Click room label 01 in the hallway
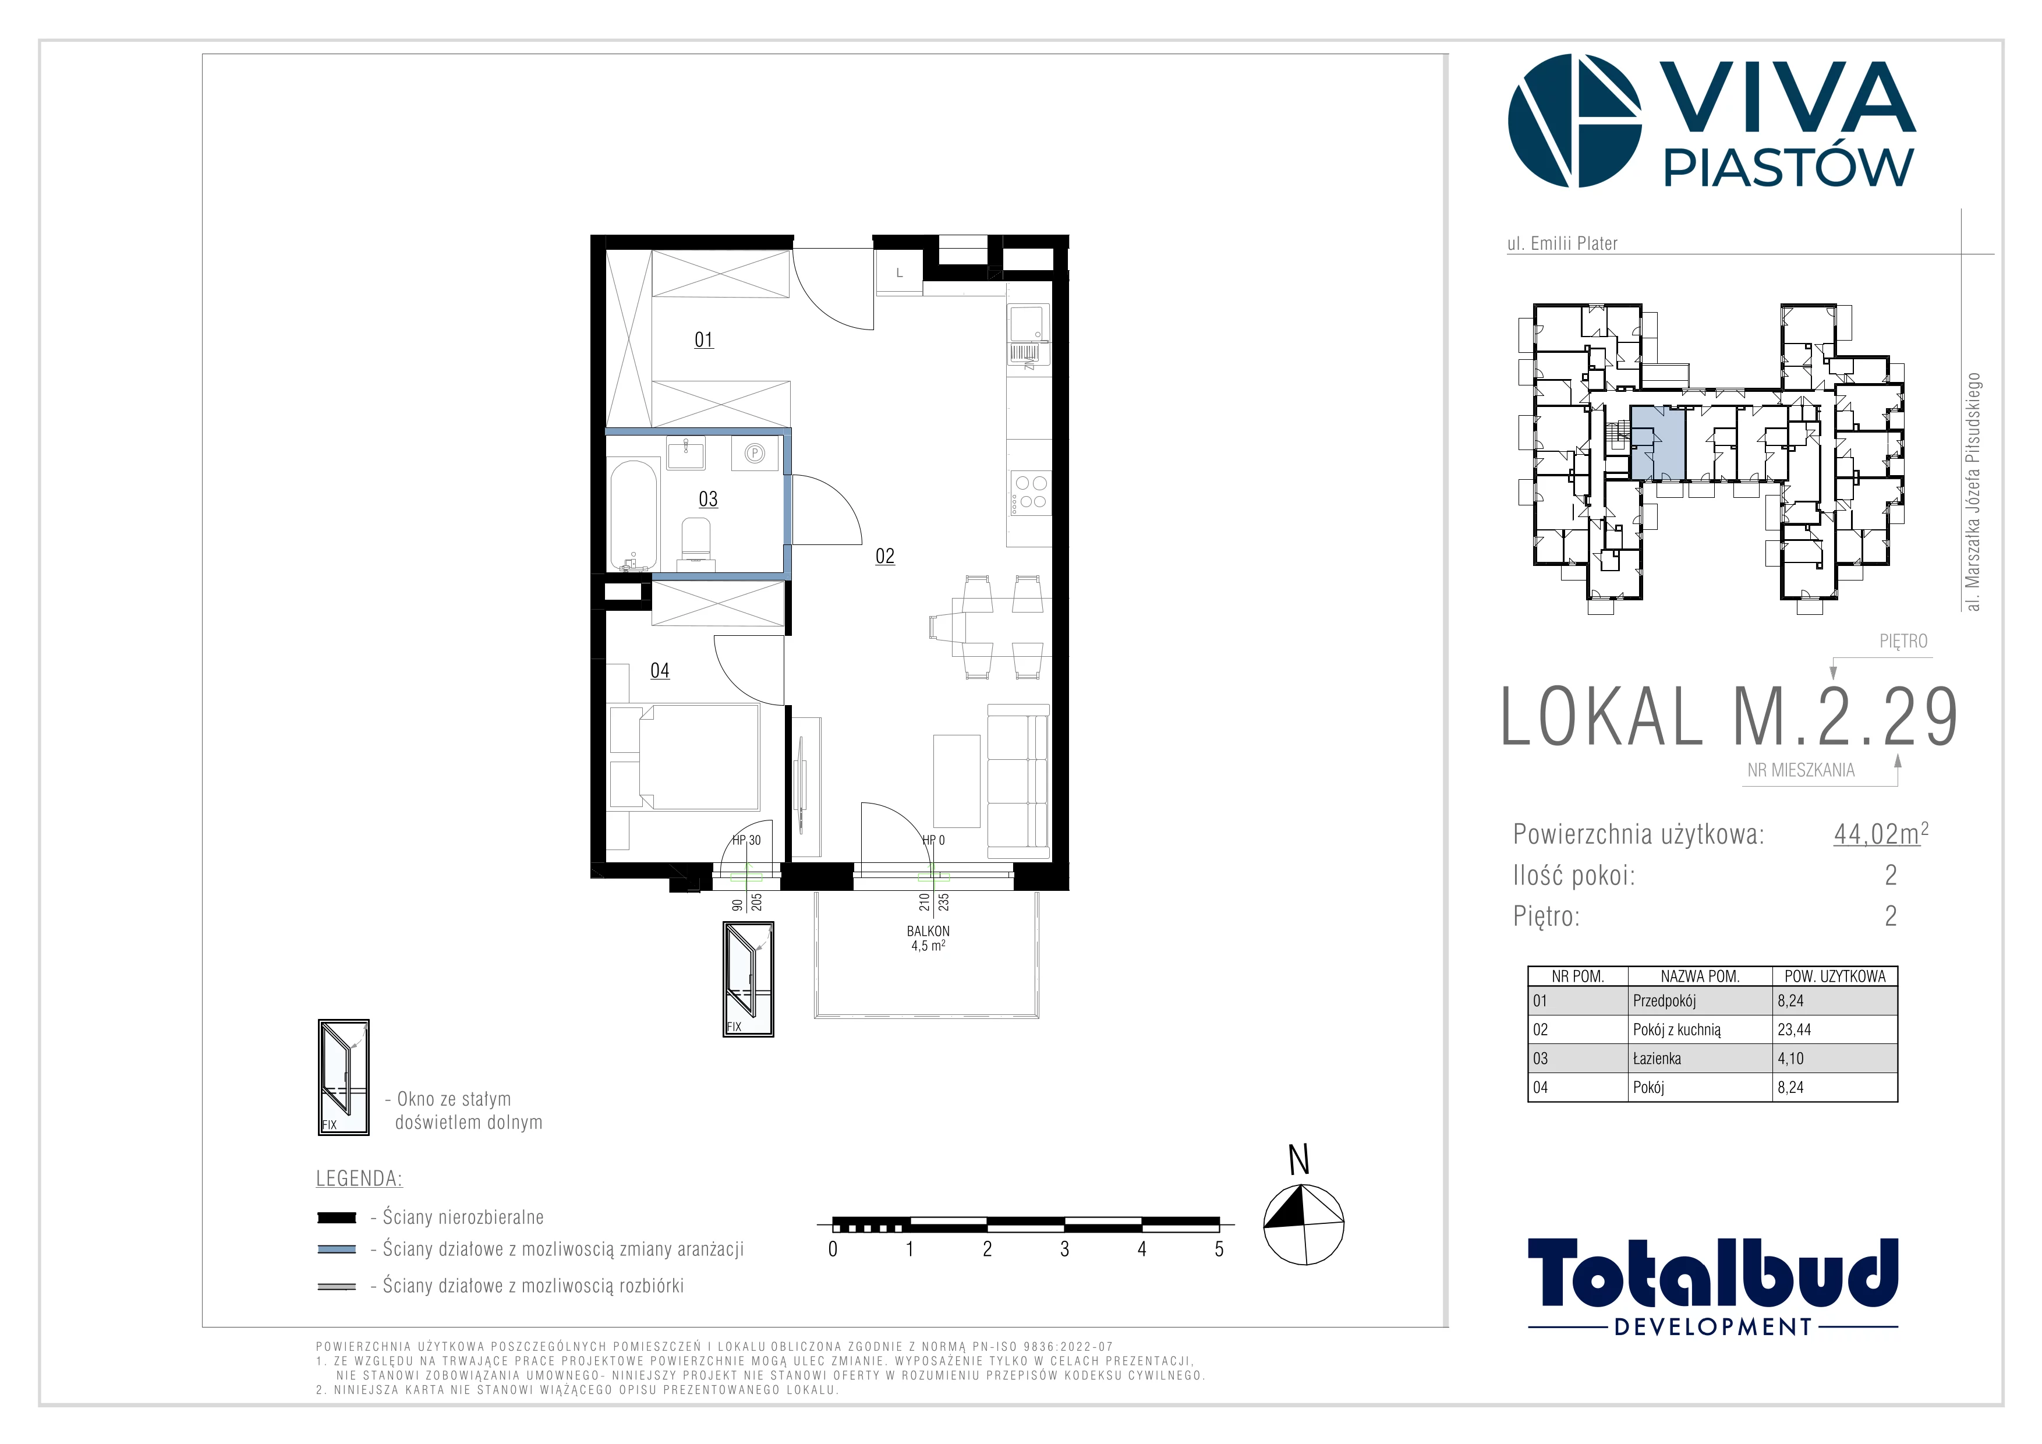(x=703, y=339)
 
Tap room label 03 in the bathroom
(x=708, y=499)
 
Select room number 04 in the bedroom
(x=660, y=670)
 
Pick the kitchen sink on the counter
(x=1028, y=335)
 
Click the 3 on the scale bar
(x=1064, y=1250)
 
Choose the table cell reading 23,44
(x=1794, y=1029)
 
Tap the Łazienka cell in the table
(x=1657, y=1058)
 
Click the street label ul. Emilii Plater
(x=1562, y=243)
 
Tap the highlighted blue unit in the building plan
(x=1658, y=443)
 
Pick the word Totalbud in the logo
(x=1713, y=1273)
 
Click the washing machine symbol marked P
(x=754, y=454)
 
